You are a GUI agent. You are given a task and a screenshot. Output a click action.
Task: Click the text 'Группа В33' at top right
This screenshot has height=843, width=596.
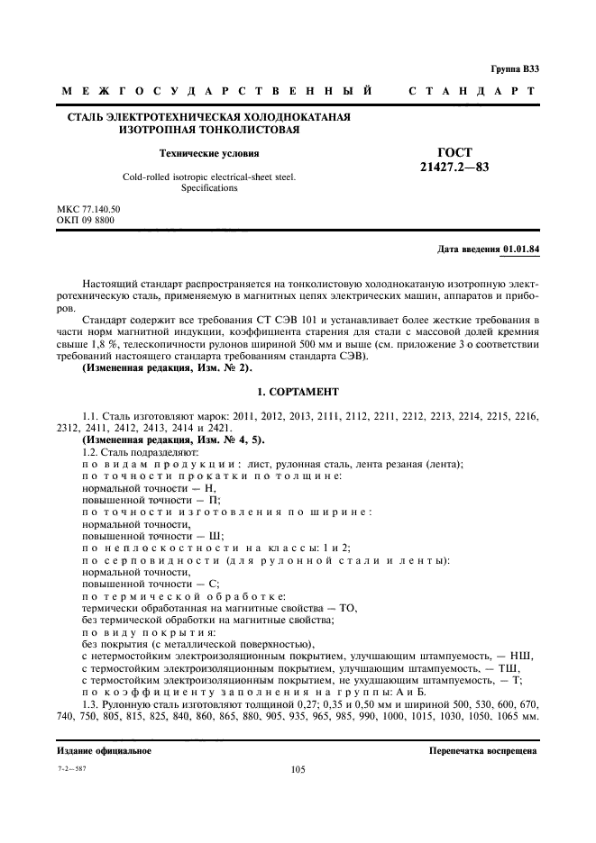coord(515,69)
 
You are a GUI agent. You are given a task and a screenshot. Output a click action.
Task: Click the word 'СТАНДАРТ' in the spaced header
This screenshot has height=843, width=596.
coord(472,92)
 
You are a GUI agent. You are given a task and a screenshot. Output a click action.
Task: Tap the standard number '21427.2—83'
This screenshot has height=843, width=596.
coord(454,167)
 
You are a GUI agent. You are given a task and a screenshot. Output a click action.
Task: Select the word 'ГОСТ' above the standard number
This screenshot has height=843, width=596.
coord(454,152)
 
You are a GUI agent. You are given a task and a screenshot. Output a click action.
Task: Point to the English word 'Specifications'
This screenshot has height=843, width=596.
coord(208,188)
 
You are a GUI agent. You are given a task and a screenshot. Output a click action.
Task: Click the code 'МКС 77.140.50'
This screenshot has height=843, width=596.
coord(88,210)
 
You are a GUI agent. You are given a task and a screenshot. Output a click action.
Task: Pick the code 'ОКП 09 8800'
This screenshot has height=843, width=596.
coord(85,221)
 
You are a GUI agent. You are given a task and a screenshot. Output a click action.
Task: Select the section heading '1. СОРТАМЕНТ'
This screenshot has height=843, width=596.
coord(298,393)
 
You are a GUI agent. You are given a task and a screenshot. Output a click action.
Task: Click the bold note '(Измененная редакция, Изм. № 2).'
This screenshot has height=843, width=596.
coord(168,370)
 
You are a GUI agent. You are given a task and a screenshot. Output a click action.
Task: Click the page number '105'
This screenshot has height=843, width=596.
coord(298,770)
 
